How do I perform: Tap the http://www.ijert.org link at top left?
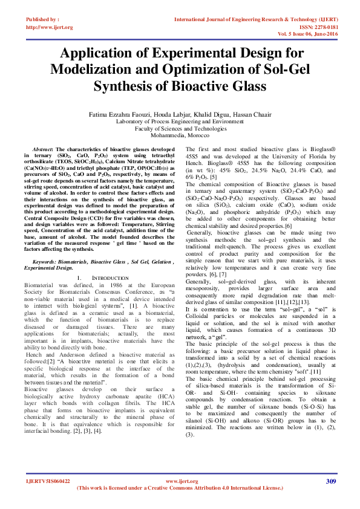click(x=50, y=27)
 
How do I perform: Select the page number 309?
click(x=330, y=481)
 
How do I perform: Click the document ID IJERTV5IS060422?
click(x=48, y=481)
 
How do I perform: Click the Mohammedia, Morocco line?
click(x=180, y=135)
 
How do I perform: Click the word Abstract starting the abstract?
click(x=42, y=149)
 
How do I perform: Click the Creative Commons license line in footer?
click(x=180, y=488)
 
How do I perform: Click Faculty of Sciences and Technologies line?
click(x=180, y=128)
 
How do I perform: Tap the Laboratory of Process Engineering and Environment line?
click(x=180, y=121)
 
